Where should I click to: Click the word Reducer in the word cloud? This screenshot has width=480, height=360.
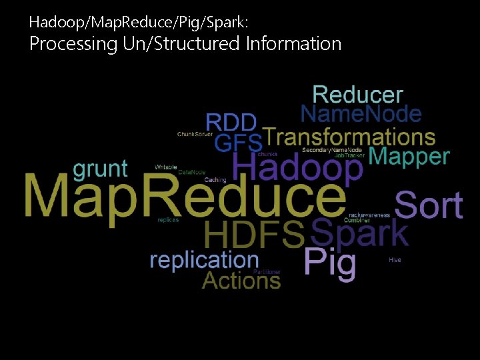[x=357, y=95]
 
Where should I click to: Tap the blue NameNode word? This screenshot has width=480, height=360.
[x=361, y=114]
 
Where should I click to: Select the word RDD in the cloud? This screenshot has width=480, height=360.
[x=231, y=123]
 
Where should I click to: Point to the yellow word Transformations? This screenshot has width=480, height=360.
[x=349, y=137]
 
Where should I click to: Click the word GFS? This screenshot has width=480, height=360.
[x=238, y=143]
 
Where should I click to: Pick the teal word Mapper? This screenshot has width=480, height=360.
[x=409, y=157]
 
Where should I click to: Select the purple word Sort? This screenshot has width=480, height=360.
[x=429, y=205]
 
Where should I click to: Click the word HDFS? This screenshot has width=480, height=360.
[x=254, y=235]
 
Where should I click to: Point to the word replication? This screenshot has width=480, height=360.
[x=204, y=259]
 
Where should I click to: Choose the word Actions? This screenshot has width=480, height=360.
[x=241, y=280]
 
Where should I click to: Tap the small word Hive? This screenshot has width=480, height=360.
[x=395, y=259]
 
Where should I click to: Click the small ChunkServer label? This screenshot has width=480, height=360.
[x=195, y=134]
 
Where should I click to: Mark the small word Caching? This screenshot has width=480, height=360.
[x=215, y=180]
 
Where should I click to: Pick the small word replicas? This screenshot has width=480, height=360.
[x=168, y=220]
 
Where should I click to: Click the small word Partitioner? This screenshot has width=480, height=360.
[x=267, y=272]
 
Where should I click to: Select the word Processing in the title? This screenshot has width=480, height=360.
[x=63, y=44]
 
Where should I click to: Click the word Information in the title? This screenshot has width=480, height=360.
[x=293, y=44]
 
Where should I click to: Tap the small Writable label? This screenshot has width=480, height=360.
[x=166, y=167]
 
